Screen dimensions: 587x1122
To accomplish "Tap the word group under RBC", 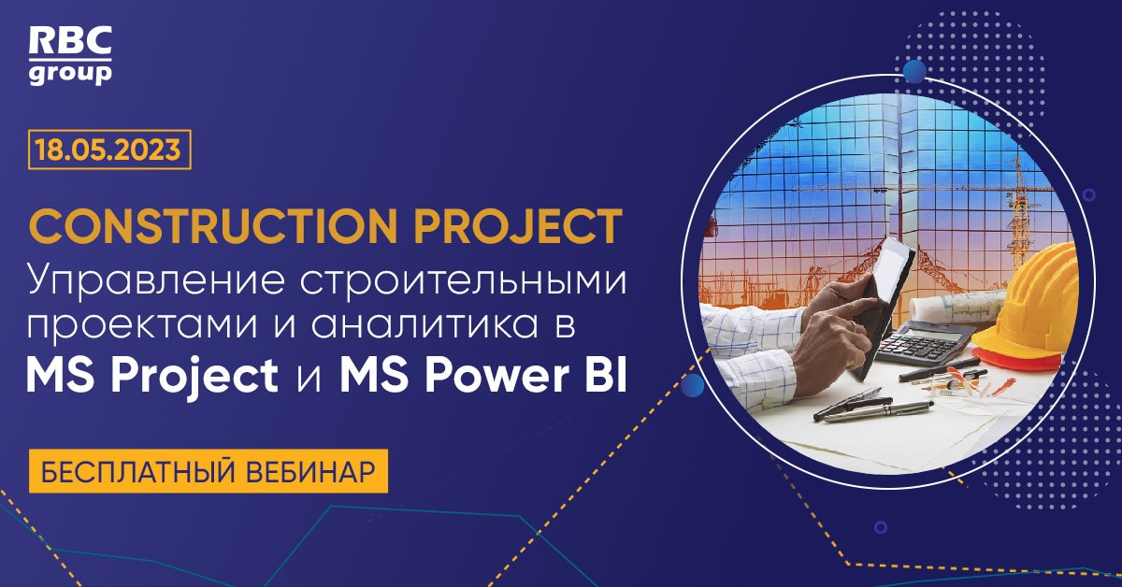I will click(x=70, y=73).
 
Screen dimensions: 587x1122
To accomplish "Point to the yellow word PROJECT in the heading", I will click(x=512, y=227).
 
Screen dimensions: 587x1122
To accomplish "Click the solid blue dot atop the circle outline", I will click(x=913, y=71).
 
